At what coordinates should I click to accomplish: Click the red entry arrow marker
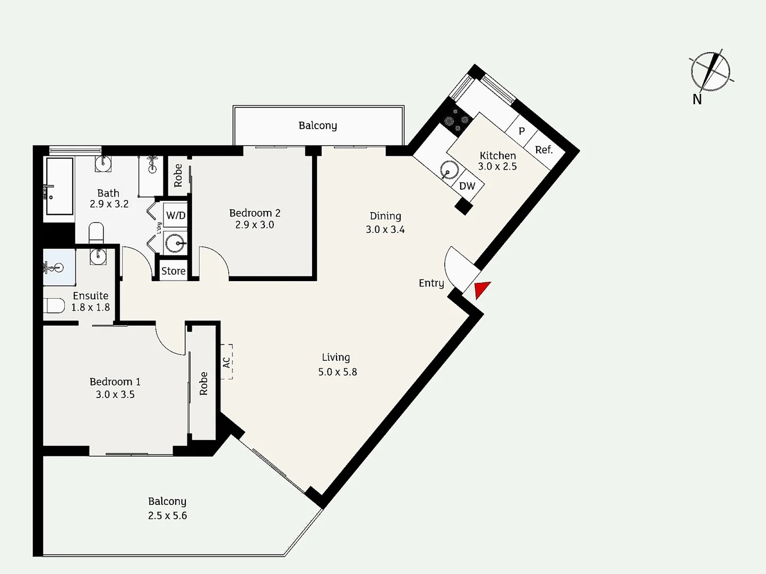481,289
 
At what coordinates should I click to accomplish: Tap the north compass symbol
710,72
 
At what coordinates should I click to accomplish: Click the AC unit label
227,362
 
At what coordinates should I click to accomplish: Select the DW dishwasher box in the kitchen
467,185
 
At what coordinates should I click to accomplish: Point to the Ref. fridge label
544,150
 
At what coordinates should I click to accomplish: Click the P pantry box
522,131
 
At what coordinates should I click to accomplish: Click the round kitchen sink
449,170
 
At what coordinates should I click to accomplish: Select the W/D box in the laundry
176,215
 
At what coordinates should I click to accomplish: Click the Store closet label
174,271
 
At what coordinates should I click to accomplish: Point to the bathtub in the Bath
59,186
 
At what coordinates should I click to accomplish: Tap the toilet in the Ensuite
54,306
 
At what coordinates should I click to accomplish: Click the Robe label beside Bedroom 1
203,383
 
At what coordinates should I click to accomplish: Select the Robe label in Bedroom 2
178,175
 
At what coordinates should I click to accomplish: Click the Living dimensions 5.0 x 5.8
338,372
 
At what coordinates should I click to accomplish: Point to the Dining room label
385,216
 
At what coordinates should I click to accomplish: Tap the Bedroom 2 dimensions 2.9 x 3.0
254,225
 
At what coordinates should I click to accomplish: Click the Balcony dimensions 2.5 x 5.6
168,516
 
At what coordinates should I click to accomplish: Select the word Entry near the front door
432,283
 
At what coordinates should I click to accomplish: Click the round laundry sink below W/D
175,243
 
